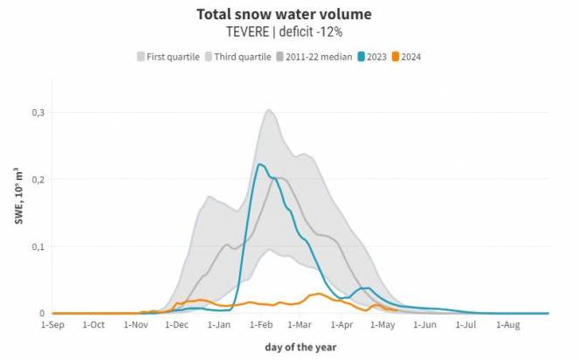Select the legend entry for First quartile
(x=167, y=57)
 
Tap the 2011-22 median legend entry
(x=314, y=57)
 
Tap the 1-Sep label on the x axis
(x=52, y=325)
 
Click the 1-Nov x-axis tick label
(x=136, y=325)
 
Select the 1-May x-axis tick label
(x=383, y=325)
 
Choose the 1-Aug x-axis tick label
(x=508, y=325)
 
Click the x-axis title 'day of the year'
(x=300, y=347)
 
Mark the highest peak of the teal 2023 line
(x=259, y=164)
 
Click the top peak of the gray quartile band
(x=268, y=110)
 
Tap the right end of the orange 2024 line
(x=397, y=309)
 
